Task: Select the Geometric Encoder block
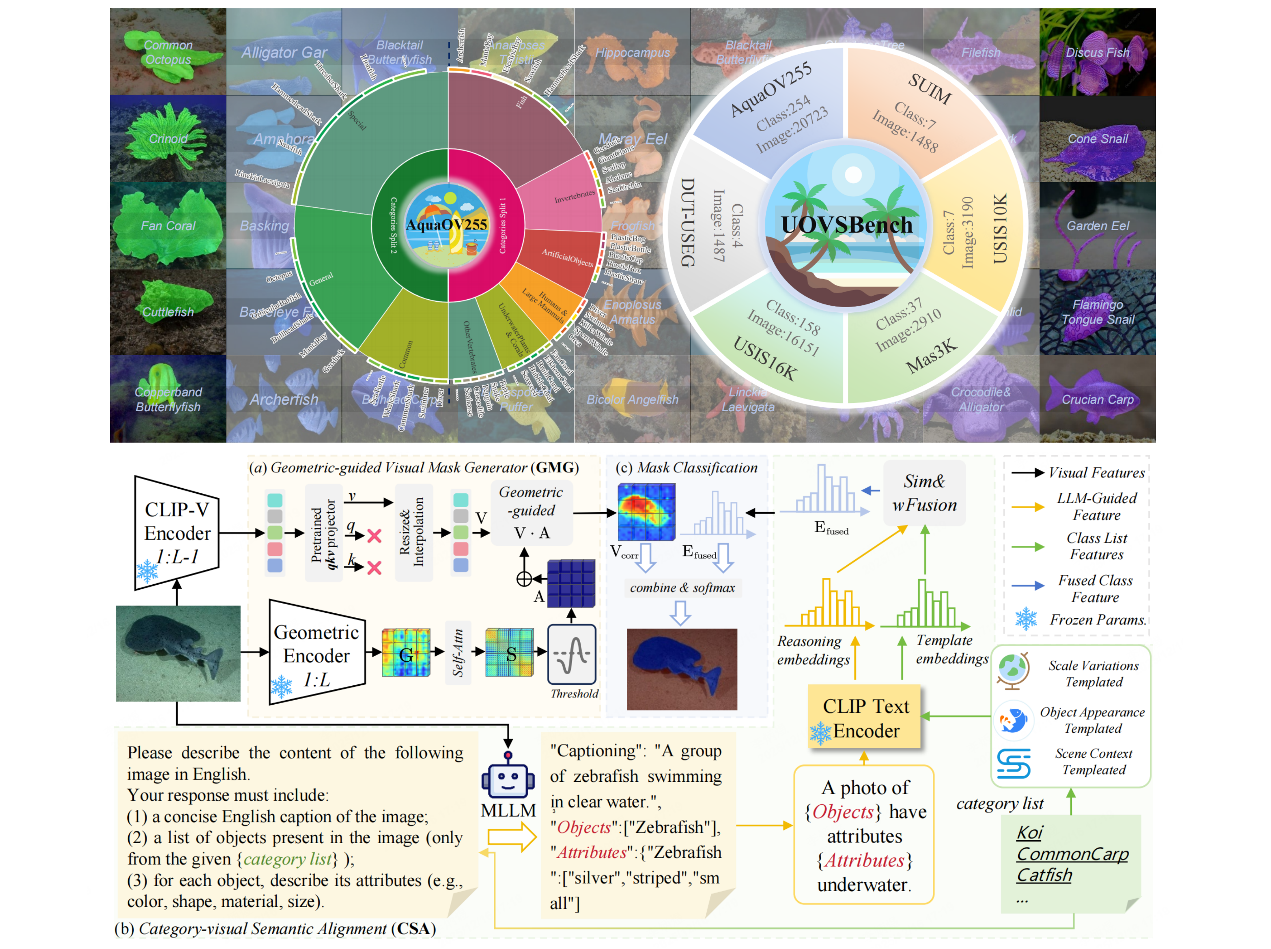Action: [316, 654]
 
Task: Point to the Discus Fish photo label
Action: [1097, 53]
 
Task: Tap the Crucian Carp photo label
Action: [1097, 399]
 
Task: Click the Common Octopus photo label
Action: [168, 52]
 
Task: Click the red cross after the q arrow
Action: [374, 536]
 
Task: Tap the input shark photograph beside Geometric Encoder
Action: [178, 653]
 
